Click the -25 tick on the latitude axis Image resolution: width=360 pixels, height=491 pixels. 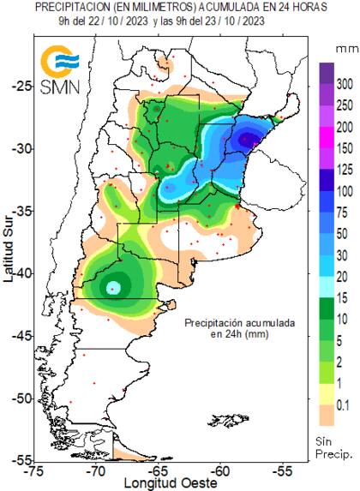click(23, 86)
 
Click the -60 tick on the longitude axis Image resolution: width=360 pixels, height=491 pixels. click(221, 470)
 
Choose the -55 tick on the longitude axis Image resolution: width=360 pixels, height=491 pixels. click(284, 470)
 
